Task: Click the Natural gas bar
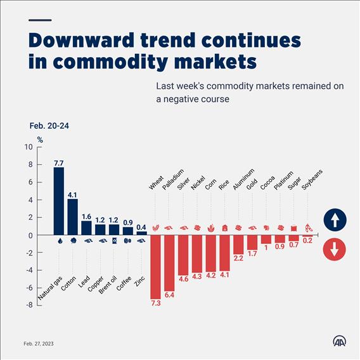coord(59,201)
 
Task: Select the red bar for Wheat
coord(155,267)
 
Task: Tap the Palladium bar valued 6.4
coord(169,263)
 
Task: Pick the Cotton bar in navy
coord(72,217)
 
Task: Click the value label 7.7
coord(58,164)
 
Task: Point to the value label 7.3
coord(156,303)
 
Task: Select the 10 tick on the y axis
coord(29,147)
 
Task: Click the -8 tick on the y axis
coord(29,305)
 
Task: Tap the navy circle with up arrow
coord(335,220)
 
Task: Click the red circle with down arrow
coord(334,249)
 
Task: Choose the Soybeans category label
coord(312,179)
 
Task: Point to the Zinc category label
coord(139,281)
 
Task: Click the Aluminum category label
coord(243,179)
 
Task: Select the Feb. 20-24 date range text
coord(49,126)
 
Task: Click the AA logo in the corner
coord(339,341)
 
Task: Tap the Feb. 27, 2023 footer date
coord(39,344)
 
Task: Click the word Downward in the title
coord(81,41)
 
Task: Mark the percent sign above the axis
coord(40,140)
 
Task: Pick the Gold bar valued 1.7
coord(252,243)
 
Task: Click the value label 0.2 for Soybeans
coord(307,241)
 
